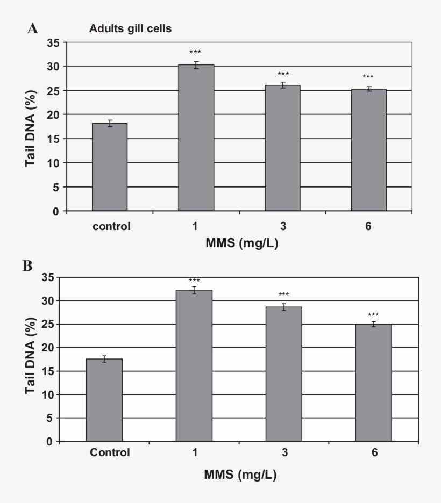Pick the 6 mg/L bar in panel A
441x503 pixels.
[369, 150]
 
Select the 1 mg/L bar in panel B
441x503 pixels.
[194, 366]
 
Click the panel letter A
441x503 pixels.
[33, 29]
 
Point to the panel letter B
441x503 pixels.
[27, 265]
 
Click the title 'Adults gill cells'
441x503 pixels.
[130, 29]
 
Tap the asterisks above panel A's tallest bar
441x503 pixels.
[195, 52]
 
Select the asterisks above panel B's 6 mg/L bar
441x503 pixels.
[374, 315]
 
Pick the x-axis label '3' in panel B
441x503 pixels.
[283, 452]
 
